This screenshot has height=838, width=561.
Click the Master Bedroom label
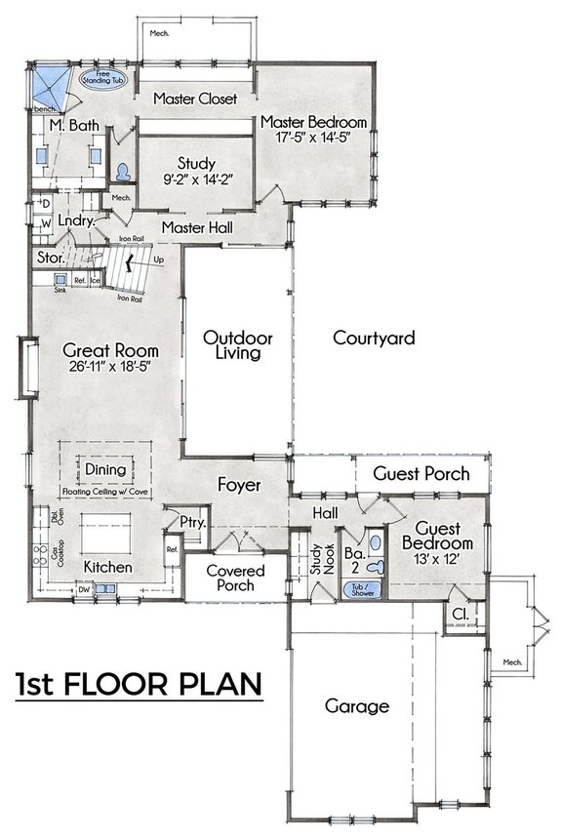313,122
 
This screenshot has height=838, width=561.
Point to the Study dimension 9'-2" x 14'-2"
196,180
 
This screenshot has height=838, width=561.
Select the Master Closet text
195,99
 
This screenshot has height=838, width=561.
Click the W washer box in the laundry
45,223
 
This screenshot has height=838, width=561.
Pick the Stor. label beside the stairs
51,259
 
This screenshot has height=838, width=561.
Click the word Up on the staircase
159,260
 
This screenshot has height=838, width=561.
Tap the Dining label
105,469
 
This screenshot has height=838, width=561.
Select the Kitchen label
107,567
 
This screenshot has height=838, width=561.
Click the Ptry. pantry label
192,523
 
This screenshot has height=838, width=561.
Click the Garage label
357,706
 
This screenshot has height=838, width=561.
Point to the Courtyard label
374,339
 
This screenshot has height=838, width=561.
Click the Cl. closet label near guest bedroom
459,614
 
